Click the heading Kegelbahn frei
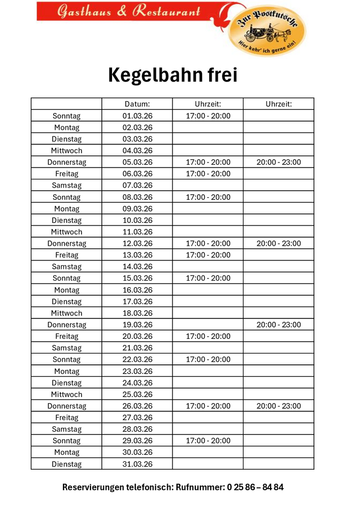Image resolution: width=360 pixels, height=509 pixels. [x=173, y=76]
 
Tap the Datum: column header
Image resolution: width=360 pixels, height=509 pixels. [x=138, y=104]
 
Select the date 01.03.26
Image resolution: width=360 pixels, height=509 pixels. [x=138, y=116]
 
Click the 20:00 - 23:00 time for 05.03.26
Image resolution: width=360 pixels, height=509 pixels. [x=279, y=163]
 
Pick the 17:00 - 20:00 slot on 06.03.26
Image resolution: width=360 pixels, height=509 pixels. [x=208, y=174]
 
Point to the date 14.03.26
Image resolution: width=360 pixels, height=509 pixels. [x=138, y=267]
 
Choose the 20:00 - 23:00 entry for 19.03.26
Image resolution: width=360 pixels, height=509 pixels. [x=279, y=325]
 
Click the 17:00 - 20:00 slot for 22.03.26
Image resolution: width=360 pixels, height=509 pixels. [x=208, y=359]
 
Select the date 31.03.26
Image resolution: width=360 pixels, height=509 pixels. [x=138, y=464]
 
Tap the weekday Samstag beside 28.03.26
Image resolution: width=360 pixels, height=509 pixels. [x=66, y=429]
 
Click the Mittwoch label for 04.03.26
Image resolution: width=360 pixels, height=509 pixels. [x=66, y=151]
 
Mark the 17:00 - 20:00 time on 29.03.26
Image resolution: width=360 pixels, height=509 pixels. [x=208, y=441]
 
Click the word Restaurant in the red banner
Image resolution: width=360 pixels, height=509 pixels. [x=166, y=11]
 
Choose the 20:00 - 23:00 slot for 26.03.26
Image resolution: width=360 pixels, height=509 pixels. [x=279, y=406]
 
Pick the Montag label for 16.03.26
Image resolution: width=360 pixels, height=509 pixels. [x=66, y=290]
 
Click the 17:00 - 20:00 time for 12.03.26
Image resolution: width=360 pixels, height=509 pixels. [x=208, y=243]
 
